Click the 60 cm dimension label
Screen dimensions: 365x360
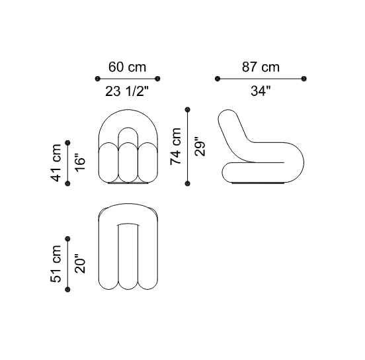point(128,67)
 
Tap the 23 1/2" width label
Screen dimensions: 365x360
point(127,91)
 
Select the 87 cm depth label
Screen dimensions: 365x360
point(261,67)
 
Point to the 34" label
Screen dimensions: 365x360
point(261,91)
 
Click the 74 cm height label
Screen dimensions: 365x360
point(175,146)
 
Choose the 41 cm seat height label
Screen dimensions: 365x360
point(56,163)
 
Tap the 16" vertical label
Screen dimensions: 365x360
point(80,161)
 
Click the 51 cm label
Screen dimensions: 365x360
point(56,264)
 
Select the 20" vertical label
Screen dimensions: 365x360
point(80,263)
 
